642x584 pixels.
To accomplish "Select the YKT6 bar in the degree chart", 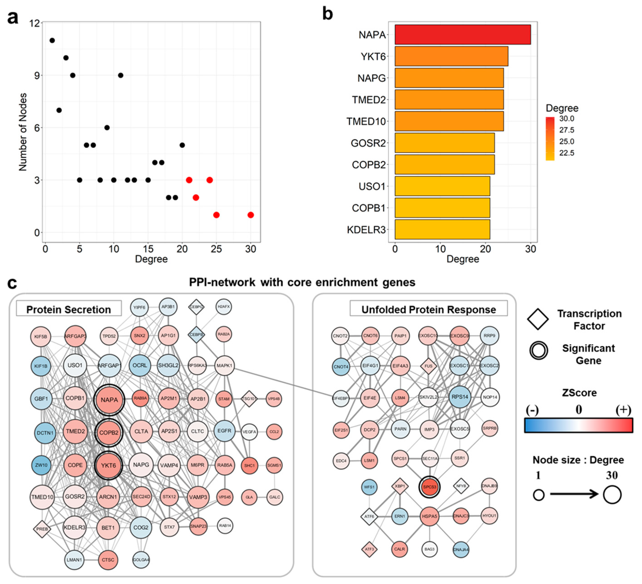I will (451, 56).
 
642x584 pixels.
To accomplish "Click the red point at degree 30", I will (251, 215).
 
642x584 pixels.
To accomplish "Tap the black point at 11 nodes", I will (52, 40).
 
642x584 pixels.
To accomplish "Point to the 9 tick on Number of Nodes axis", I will (37, 75).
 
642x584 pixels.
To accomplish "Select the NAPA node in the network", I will (109, 400).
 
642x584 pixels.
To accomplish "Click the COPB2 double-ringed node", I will (109, 433).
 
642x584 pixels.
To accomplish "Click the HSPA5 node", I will (429, 516).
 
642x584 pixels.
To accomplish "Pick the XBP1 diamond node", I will (400, 486).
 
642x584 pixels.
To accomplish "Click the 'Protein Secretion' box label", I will (69, 309).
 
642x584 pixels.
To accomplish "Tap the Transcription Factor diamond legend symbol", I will (538, 319).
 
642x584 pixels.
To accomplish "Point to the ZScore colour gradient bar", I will (578, 426).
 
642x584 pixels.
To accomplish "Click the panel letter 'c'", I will (12, 283).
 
